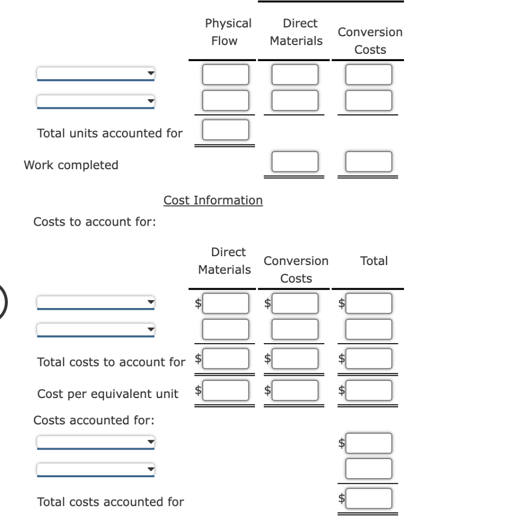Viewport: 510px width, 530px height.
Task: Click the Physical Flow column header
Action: pyautogui.click(x=228, y=32)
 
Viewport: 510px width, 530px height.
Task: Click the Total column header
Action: pyautogui.click(x=374, y=261)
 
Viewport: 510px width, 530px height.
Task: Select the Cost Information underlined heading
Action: pyautogui.click(x=213, y=200)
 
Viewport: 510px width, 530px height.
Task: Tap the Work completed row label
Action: pyautogui.click(x=71, y=165)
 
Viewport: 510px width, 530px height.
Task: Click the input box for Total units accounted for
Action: pyautogui.click(x=225, y=129)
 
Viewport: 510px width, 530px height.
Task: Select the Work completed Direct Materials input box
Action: pyautogui.click(x=295, y=161)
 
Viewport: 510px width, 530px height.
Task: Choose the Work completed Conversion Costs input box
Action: pyautogui.click(x=369, y=161)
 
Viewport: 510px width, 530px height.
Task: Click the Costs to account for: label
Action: pyautogui.click(x=95, y=222)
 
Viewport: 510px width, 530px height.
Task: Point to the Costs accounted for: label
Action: pyautogui.click(x=94, y=420)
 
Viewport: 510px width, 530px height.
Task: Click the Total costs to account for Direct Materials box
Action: pyautogui.click(x=225, y=358)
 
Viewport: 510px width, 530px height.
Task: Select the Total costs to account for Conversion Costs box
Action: pyautogui.click(x=295, y=358)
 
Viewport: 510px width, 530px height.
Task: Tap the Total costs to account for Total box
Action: pyautogui.click(x=369, y=358)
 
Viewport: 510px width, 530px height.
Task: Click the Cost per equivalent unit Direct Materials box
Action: pyautogui.click(x=225, y=390)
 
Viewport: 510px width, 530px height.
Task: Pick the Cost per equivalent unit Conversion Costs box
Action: pyautogui.click(x=295, y=390)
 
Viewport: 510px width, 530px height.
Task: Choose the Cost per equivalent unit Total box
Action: pyautogui.click(x=369, y=390)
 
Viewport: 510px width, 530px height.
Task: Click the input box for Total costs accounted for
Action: pyautogui.click(x=369, y=498)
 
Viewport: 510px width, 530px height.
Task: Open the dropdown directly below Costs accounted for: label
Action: pyautogui.click(x=96, y=443)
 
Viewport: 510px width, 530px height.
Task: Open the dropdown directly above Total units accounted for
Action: pyautogui.click(x=96, y=101)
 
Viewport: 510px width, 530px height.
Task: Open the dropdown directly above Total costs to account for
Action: pyautogui.click(x=96, y=329)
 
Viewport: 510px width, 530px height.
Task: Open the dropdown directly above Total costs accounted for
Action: pyautogui.click(x=96, y=470)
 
